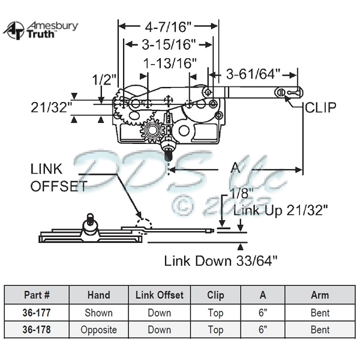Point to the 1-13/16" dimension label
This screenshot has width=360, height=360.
pyautogui.click(x=168, y=63)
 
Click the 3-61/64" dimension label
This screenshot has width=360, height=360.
pyautogui.click(x=253, y=74)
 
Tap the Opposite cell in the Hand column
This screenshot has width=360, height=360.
pyautogui.click(x=98, y=330)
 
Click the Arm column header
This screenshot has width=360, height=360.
pyautogui.click(x=320, y=295)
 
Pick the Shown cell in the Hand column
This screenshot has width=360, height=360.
pyautogui.click(x=98, y=313)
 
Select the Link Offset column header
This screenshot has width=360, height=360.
pyautogui.click(x=159, y=295)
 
